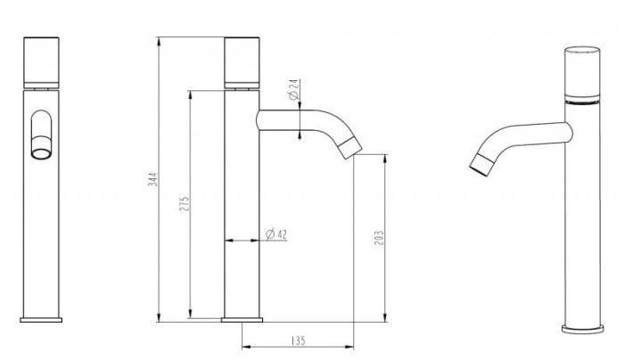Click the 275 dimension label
point(185,203)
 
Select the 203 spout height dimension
point(380,238)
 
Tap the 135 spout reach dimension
point(298,341)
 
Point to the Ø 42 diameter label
point(276,234)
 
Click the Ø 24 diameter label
point(292,89)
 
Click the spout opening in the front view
point(41,152)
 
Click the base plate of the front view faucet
point(41,319)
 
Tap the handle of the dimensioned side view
point(242,62)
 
